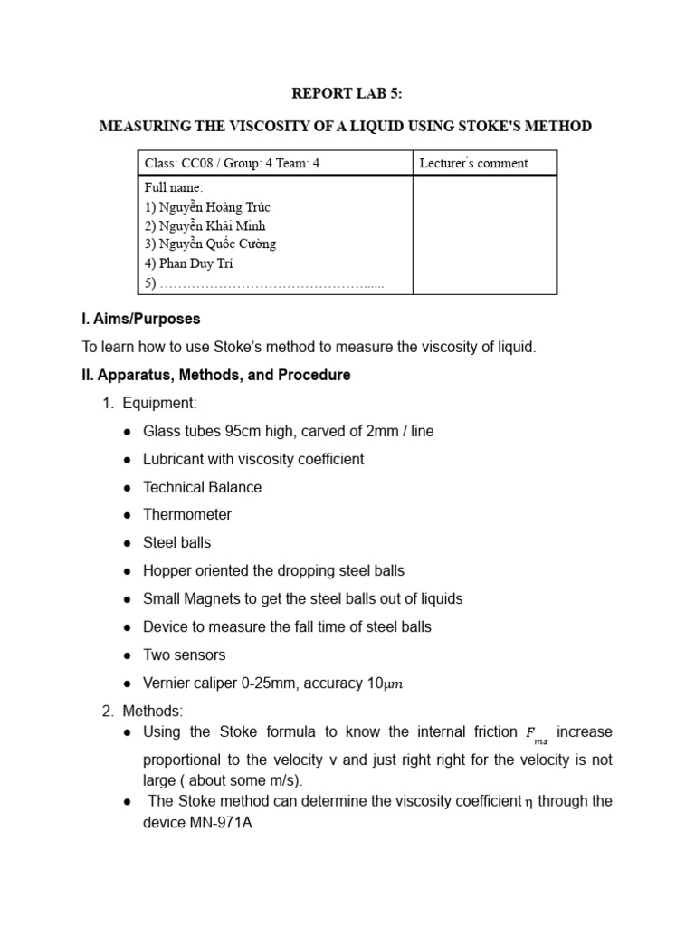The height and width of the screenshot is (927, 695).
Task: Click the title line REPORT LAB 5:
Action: click(346, 93)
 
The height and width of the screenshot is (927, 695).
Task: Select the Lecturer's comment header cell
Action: click(473, 163)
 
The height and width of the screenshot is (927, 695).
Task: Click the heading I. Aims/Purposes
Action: click(141, 320)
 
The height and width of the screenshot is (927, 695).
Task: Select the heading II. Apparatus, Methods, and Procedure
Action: click(216, 375)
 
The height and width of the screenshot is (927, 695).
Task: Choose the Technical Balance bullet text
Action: click(202, 487)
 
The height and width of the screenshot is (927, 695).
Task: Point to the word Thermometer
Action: click(187, 515)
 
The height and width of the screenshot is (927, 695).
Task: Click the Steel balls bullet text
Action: click(176, 543)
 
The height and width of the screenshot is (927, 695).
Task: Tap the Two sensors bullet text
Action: click(184, 655)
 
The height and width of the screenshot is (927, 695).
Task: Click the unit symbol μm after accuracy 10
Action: click(392, 683)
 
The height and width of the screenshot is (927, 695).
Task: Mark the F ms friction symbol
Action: click(536, 733)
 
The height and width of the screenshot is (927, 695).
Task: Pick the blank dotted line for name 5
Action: click(271, 283)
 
